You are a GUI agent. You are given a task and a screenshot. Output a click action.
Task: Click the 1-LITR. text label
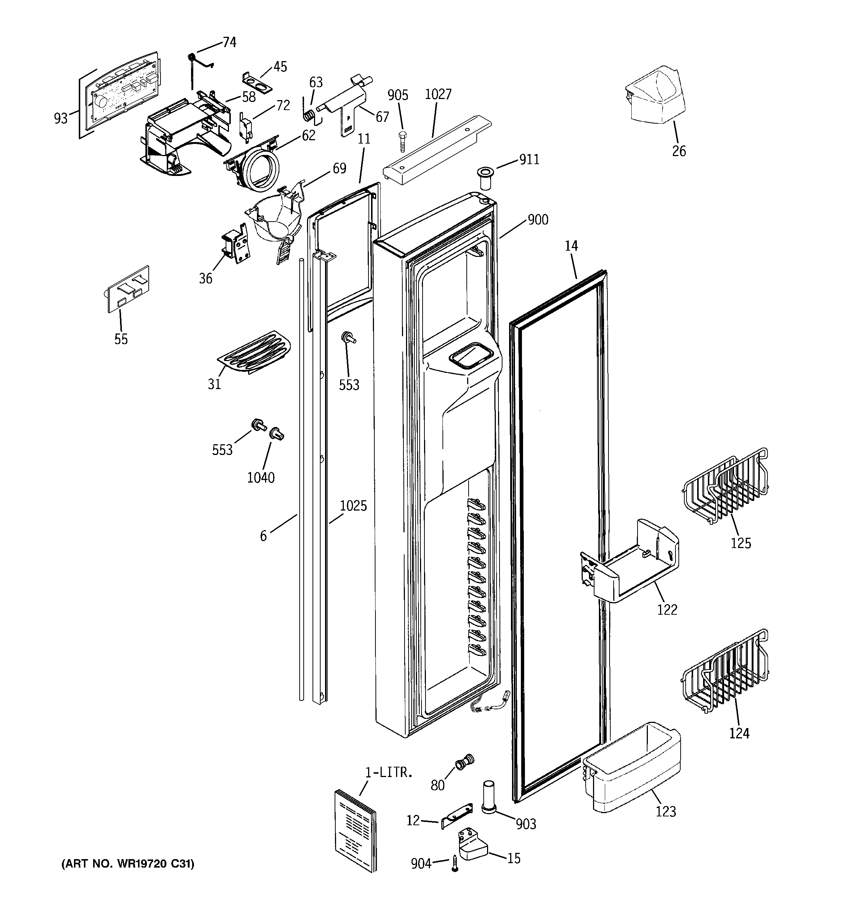coord(389,773)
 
